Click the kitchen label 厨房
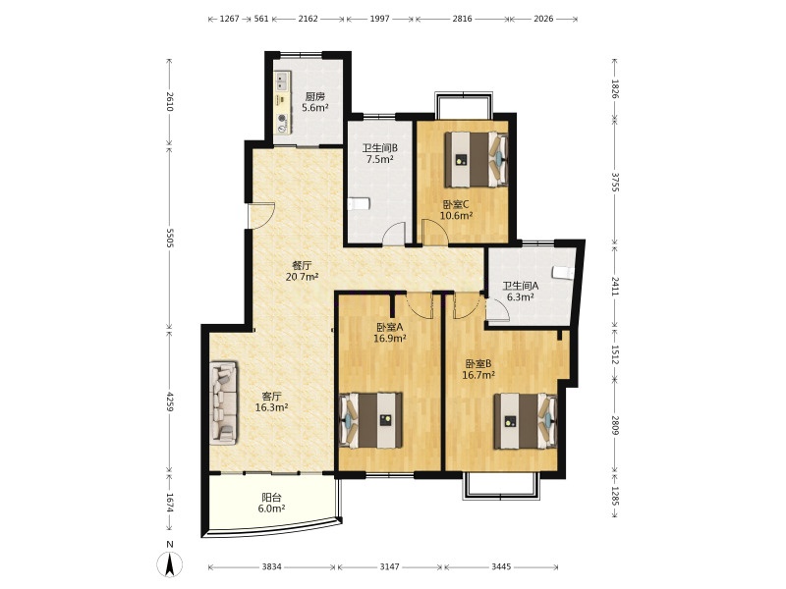click(315, 96)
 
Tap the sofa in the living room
click(224, 402)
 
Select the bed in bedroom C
click(477, 159)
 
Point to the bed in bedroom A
click(371, 420)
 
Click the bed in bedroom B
click(526, 421)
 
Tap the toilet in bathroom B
click(359, 204)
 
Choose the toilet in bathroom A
click(562, 272)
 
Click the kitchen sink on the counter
click(282, 82)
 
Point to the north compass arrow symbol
click(170, 565)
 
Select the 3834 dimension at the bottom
click(272, 567)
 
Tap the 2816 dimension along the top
click(462, 19)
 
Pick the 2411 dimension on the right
click(616, 286)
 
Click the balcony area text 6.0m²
click(272, 509)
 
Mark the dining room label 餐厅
click(302, 265)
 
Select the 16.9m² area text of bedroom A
click(390, 338)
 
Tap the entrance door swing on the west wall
click(262, 214)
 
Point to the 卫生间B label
click(380, 148)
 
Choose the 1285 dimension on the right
click(616, 497)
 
